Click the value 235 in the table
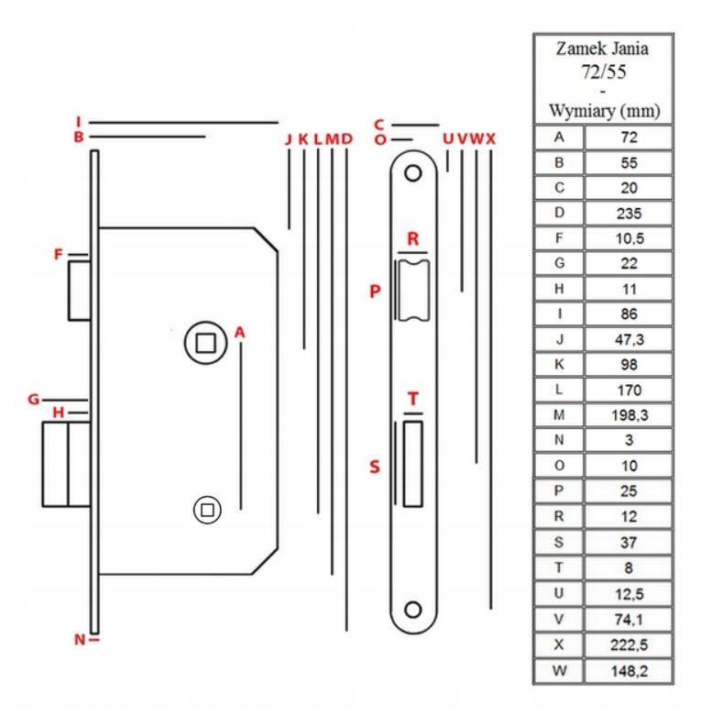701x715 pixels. pos(629,214)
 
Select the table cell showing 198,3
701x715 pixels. pos(629,415)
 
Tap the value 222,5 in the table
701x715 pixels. pos(629,644)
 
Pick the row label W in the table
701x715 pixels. pos(559,670)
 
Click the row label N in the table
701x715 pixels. pos(559,440)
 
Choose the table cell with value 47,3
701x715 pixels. pos(629,339)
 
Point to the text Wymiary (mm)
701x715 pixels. pos(604,111)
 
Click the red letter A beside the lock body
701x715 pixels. pos(240,332)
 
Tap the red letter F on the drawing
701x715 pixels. pos(59,254)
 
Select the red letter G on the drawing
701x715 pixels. pos(33,399)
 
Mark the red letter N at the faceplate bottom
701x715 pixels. pos(80,639)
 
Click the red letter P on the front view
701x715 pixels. pos(374,291)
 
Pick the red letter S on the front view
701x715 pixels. pos(374,467)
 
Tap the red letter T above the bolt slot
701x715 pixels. pos(413,399)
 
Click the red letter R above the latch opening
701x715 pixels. pos(413,238)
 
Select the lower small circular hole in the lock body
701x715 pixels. pos(208,510)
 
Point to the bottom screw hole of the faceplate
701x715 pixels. pos(413,609)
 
